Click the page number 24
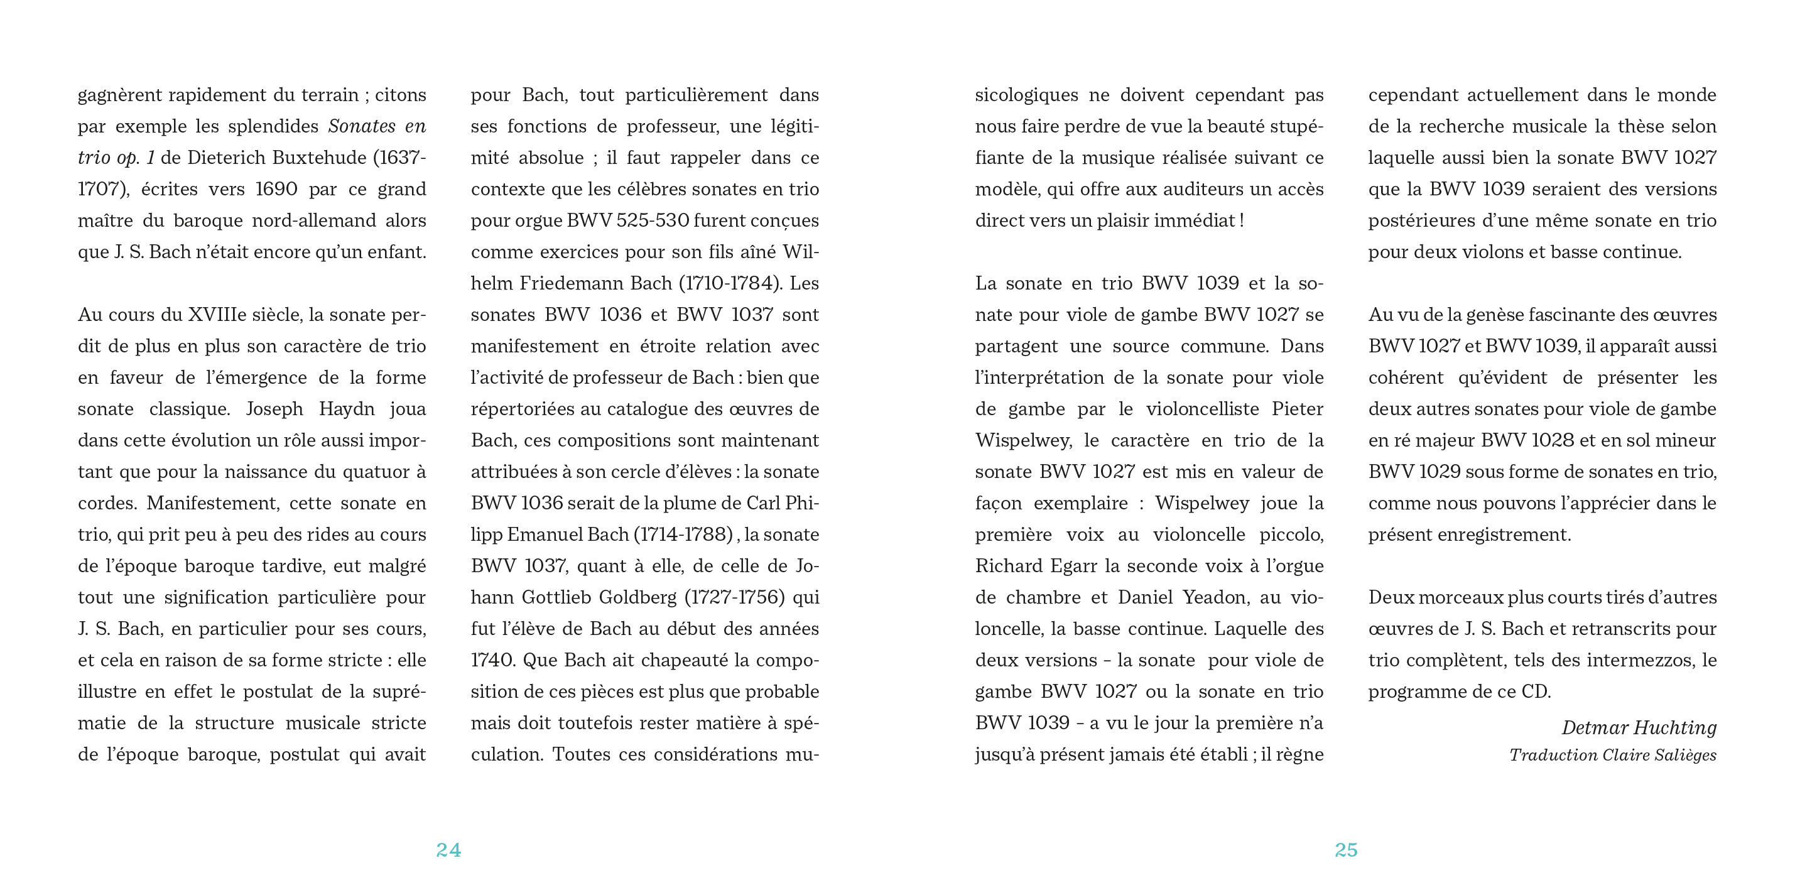point(448,850)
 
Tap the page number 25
point(1347,850)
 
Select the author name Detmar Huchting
point(1638,727)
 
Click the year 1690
point(276,189)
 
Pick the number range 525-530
point(653,220)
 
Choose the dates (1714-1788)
point(683,535)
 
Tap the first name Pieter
point(1298,408)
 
